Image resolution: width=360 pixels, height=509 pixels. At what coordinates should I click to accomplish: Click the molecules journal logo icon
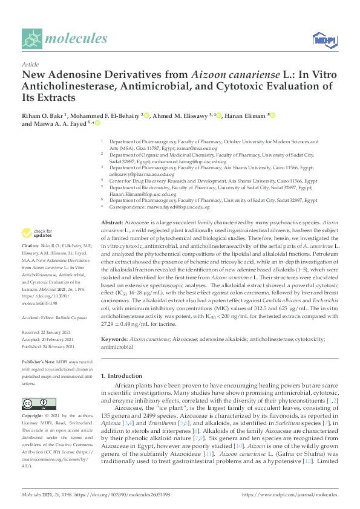click(x=32, y=39)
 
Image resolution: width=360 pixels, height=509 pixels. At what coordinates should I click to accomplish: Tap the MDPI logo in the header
click(x=324, y=40)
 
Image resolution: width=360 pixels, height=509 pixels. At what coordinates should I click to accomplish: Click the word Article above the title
click(x=30, y=64)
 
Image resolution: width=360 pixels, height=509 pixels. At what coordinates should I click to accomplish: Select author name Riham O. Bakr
click(x=44, y=115)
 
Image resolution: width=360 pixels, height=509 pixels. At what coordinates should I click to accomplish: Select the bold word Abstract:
click(x=113, y=223)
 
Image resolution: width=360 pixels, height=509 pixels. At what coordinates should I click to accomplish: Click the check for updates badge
click(x=38, y=233)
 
